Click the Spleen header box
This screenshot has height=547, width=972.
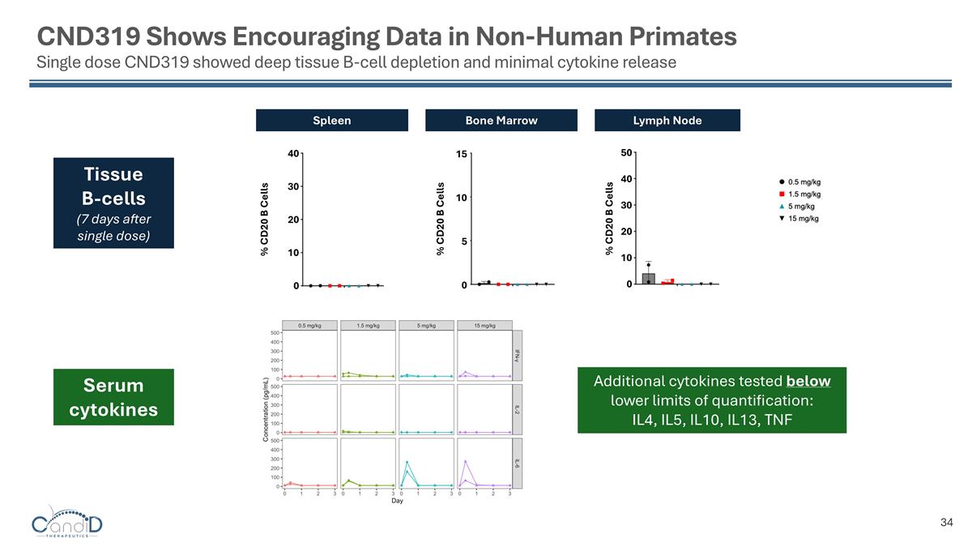(x=332, y=120)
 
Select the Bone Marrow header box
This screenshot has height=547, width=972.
(x=501, y=120)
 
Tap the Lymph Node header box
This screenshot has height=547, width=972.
(x=667, y=120)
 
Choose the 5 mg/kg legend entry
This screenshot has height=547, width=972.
(x=798, y=206)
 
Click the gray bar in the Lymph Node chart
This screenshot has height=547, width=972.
(x=648, y=278)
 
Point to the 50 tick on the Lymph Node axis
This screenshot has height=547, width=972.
(x=626, y=152)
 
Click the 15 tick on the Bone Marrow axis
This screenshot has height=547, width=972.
(x=458, y=153)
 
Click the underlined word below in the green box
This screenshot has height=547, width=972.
(x=808, y=381)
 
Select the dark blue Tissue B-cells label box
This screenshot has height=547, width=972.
(x=113, y=203)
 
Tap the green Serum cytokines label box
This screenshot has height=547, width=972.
(x=113, y=397)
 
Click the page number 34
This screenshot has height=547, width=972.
(x=946, y=522)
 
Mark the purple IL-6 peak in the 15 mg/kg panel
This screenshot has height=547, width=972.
(x=466, y=461)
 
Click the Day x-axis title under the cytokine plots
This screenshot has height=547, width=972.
(x=397, y=501)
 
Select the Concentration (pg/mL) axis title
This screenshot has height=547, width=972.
(x=265, y=409)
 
